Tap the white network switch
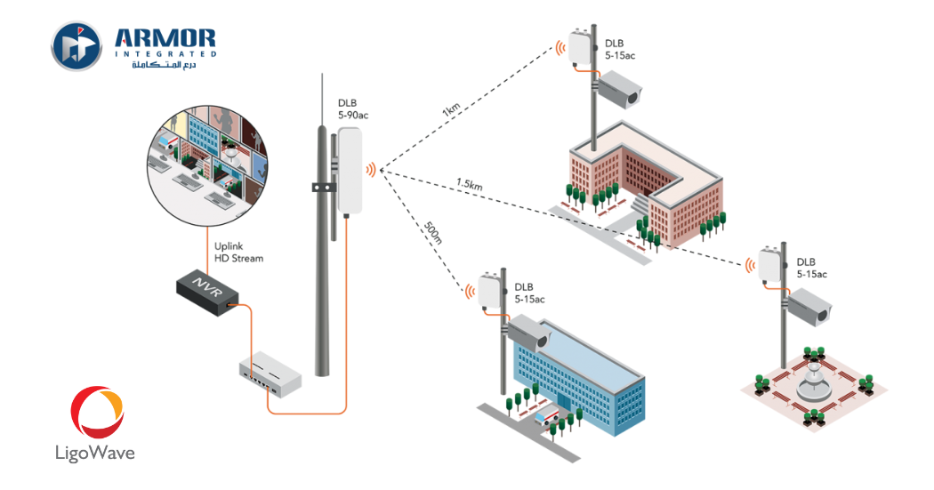pos(270,373)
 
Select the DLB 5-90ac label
pos(353,110)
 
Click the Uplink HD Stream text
pos(238,253)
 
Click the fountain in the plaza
pos(811,382)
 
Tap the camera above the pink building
pos(617,88)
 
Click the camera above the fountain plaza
pos(808,308)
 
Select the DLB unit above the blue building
pos(490,290)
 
